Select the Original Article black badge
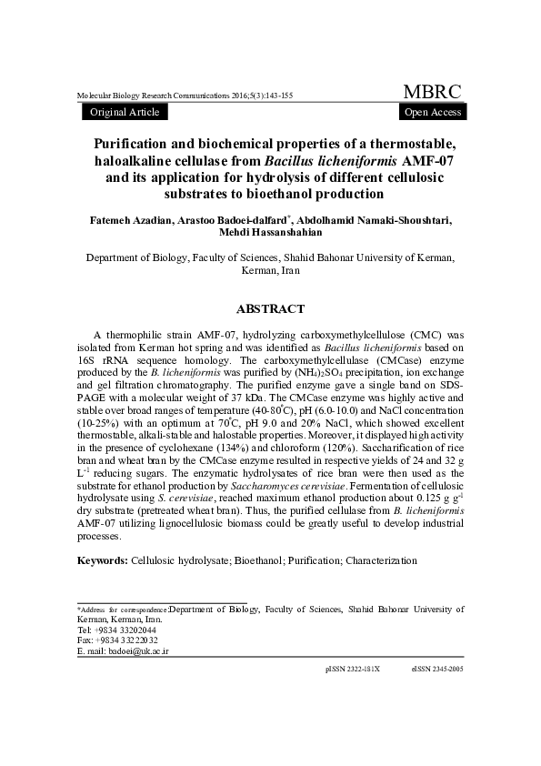pos(125,112)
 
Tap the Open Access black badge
pos(432,112)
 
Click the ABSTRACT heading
pos(270,309)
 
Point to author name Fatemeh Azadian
pos(123,219)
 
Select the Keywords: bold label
pos(103,560)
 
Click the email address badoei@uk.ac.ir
pos(138,651)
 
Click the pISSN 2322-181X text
pos(352,669)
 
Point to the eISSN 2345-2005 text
pos(437,669)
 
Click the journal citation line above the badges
pos(185,96)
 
